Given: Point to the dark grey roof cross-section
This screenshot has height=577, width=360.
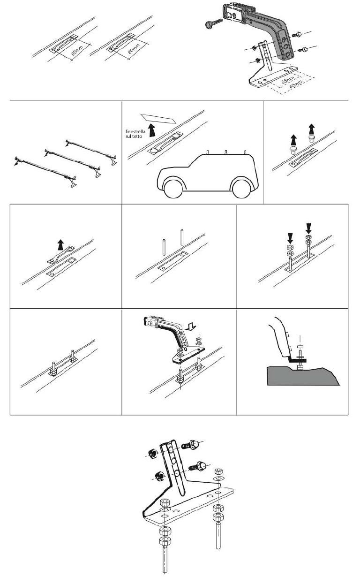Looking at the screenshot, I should pyautogui.click(x=300, y=375).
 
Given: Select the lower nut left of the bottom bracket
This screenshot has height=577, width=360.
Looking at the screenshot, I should pyautogui.click(x=158, y=476).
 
